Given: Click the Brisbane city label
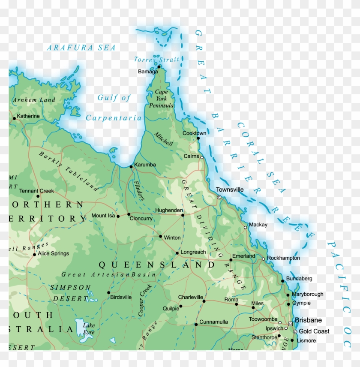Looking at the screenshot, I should click(308, 320).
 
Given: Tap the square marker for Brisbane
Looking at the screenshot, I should click(291, 323).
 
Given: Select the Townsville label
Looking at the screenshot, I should click(230, 190).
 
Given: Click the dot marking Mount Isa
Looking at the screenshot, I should click(118, 216).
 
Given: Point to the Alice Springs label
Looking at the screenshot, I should click(53, 253).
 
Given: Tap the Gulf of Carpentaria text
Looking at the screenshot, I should click(114, 108).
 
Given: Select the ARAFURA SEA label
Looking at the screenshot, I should click(81, 48).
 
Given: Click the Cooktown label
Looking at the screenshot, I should click(194, 133).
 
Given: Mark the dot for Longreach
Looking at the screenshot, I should click(177, 253).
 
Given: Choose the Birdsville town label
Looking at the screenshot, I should click(121, 297).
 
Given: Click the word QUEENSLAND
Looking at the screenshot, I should click(157, 265).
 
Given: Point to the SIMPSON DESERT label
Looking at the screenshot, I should click(70, 292).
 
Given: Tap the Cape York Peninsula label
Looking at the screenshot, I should click(161, 99).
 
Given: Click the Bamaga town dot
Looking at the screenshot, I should click(159, 66).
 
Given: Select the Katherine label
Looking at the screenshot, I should click(28, 116).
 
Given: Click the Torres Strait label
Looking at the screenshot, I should click(156, 60).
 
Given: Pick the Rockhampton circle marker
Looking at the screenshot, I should click(264, 259).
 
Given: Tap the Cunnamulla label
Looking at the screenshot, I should click(213, 322).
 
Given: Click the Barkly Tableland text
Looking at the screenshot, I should click(68, 171).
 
